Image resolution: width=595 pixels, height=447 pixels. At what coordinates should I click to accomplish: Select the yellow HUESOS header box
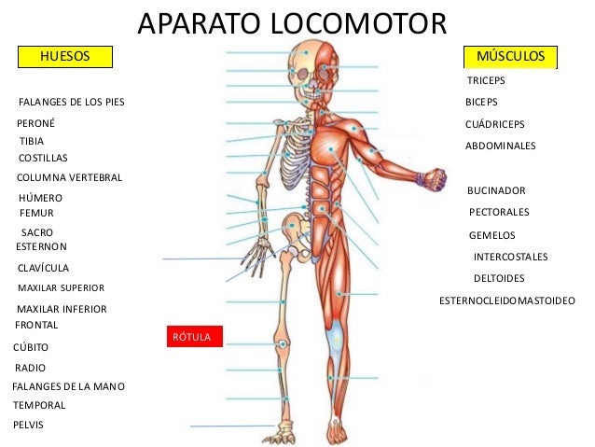point(64,57)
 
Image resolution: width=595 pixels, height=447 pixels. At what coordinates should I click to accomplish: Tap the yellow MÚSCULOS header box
point(511,57)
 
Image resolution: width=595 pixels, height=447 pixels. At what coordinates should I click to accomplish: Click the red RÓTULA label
point(194,335)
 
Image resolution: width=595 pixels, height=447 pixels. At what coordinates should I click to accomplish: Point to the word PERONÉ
point(36,122)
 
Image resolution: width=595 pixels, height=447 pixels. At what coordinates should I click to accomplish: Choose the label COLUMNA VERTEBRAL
point(70,177)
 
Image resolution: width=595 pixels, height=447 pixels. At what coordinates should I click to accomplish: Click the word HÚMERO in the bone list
point(40,198)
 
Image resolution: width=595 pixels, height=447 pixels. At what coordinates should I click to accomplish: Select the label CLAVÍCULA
point(44,268)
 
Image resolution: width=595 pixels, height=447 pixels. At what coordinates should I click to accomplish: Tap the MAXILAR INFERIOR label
point(62,309)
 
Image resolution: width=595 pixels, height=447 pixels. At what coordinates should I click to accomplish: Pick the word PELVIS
point(29,425)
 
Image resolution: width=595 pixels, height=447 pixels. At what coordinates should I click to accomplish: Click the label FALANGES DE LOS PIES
point(71,101)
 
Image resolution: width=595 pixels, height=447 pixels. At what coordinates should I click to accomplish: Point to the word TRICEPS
point(485,82)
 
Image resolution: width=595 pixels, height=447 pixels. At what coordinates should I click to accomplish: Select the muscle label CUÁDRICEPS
point(494,124)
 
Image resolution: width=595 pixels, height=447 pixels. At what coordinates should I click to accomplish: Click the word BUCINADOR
point(496,189)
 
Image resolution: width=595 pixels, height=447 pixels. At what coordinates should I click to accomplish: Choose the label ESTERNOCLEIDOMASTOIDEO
point(506,300)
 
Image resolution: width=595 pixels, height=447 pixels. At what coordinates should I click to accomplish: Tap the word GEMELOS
point(491,235)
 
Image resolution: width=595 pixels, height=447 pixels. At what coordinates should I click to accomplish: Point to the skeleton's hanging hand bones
point(253,255)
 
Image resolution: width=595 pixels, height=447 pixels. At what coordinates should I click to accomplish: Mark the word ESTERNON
point(42,246)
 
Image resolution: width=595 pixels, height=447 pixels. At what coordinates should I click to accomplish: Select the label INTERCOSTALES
point(510,257)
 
